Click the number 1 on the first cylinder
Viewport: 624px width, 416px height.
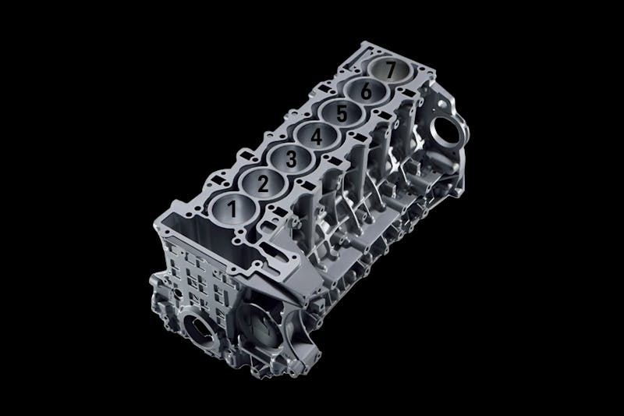pos(232,208)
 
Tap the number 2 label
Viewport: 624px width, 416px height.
pos(263,184)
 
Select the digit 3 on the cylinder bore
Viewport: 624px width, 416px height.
pos(291,159)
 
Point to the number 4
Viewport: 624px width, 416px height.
pos(316,137)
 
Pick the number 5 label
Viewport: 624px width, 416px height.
pos(341,114)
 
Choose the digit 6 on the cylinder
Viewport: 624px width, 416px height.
pos(366,91)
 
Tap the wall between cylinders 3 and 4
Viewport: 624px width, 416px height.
pos(303,148)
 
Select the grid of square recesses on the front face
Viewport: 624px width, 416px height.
pos(199,273)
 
